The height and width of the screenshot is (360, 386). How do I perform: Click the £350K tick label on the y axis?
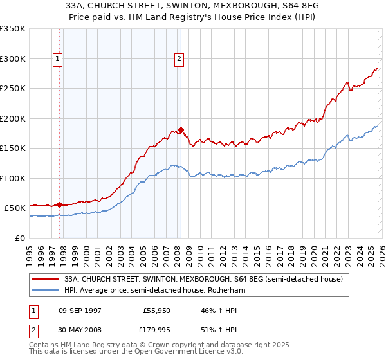[x=12, y=29]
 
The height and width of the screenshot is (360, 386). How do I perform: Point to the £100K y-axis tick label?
[x=12, y=178]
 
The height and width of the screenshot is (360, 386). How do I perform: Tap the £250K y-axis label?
[x=12, y=89]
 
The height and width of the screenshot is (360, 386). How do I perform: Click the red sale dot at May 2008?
[x=181, y=130]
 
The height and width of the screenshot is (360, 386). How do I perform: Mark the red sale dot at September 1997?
[x=60, y=204]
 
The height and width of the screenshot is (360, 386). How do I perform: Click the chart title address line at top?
[x=192, y=5]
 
